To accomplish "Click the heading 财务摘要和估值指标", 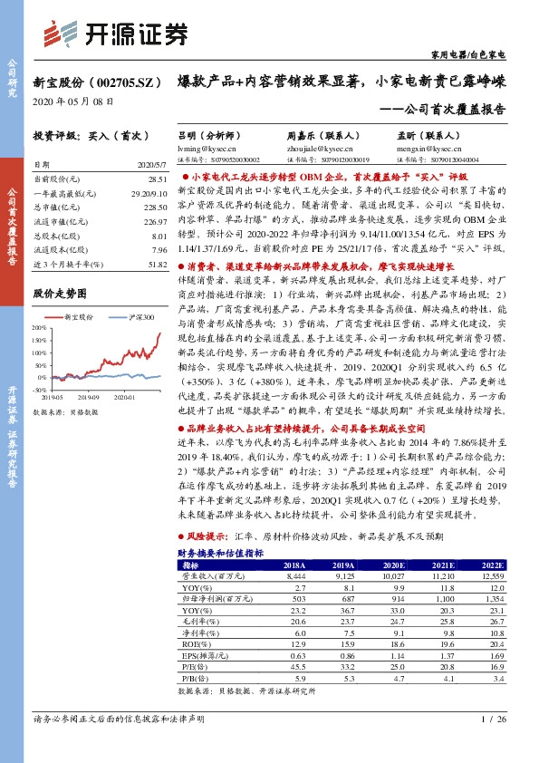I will (220, 551).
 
